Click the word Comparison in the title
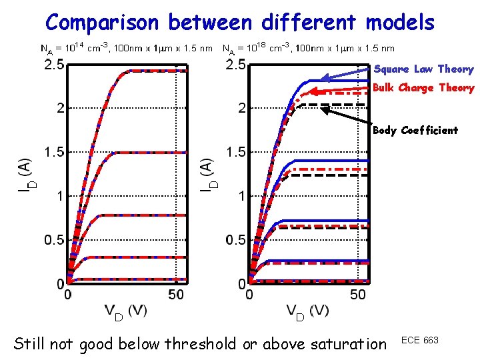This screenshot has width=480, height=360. (x=102, y=23)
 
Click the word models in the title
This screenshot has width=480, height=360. (x=400, y=23)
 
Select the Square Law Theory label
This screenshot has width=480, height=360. (x=424, y=69)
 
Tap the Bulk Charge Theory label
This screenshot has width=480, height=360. (x=424, y=88)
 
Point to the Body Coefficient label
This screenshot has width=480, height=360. (x=416, y=131)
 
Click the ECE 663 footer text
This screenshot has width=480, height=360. (x=420, y=341)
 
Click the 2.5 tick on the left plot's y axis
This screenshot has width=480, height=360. (x=54, y=65)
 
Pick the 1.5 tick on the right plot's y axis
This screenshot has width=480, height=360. (x=237, y=152)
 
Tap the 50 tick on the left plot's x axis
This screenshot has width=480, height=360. (x=176, y=294)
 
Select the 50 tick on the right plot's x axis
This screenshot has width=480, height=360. (x=358, y=294)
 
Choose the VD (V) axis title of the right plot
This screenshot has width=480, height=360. (x=307, y=311)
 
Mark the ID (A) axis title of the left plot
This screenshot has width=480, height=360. (x=24, y=174)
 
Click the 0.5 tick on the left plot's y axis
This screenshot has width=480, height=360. (x=54, y=240)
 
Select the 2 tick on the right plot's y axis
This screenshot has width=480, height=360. (x=243, y=108)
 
